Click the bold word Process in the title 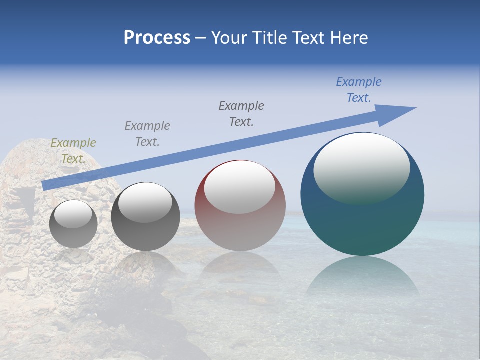pos(157,38)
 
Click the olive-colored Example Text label pos(73,151)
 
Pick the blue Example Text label pos(358,90)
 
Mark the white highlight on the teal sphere pos(361,167)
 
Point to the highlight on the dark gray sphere pos(145,202)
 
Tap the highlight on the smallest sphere pos(73,214)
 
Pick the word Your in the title pos(228,38)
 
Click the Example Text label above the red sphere pos(241,113)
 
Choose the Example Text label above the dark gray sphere pos(147,134)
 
